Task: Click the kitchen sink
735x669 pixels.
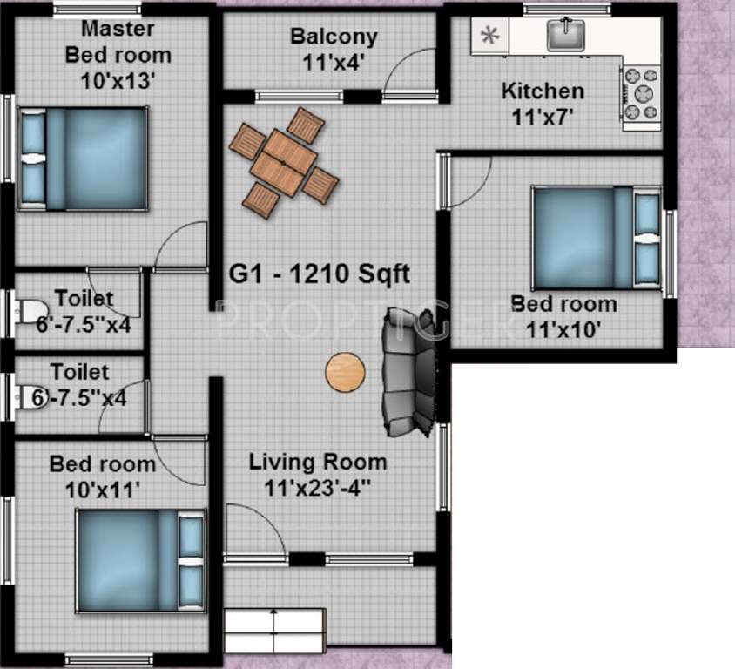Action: click(x=565, y=36)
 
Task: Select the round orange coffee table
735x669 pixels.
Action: click(x=343, y=371)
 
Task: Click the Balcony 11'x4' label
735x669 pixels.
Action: click(x=334, y=49)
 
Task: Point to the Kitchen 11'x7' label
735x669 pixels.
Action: click(x=542, y=102)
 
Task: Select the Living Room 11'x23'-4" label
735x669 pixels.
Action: click(x=318, y=474)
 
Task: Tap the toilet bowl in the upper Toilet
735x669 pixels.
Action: click(x=29, y=311)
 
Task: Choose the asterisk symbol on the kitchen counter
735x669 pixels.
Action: click(x=490, y=36)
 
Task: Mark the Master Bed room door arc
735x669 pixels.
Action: click(x=179, y=244)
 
